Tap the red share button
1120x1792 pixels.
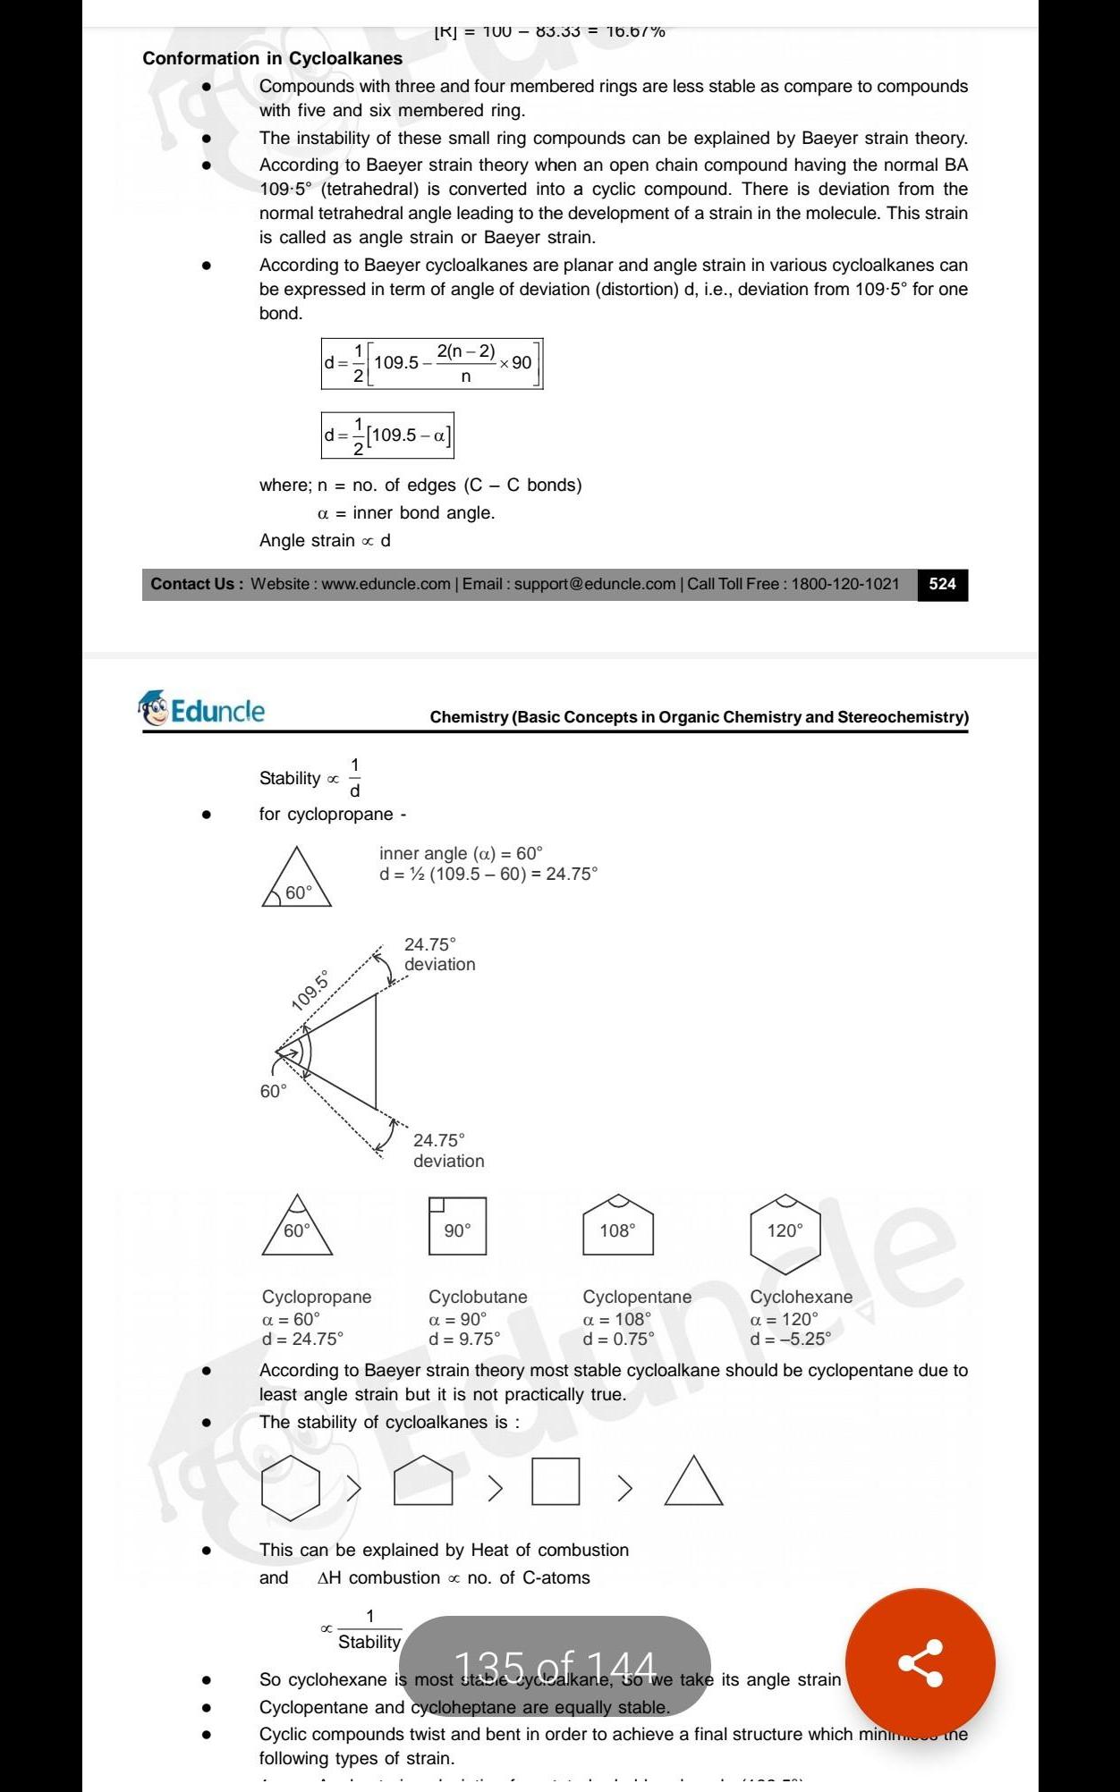tap(920, 1662)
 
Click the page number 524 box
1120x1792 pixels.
tap(942, 584)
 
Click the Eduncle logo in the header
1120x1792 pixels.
tap(203, 710)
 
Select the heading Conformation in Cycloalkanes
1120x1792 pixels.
tap(272, 58)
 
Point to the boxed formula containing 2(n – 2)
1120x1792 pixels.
tap(432, 363)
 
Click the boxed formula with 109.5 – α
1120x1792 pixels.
tap(387, 435)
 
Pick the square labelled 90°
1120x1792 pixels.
tap(457, 1226)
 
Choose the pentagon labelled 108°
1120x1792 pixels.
tap(617, 1227)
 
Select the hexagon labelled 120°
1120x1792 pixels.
tap(785, 1232)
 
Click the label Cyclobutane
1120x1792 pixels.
tap(478, 1297)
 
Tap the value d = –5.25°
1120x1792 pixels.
tap(790, 1339)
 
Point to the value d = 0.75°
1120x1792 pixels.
tap(618, 1339)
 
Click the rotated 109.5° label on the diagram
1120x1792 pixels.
tap(310, 990)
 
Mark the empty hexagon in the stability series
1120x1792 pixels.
tap(291, 1487)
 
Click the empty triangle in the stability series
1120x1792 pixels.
tap(693, 1483)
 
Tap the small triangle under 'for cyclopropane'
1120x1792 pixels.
tap(297, 878)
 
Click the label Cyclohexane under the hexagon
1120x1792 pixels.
tap(801, 1297)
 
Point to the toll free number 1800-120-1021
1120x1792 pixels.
tap(844, 584)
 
